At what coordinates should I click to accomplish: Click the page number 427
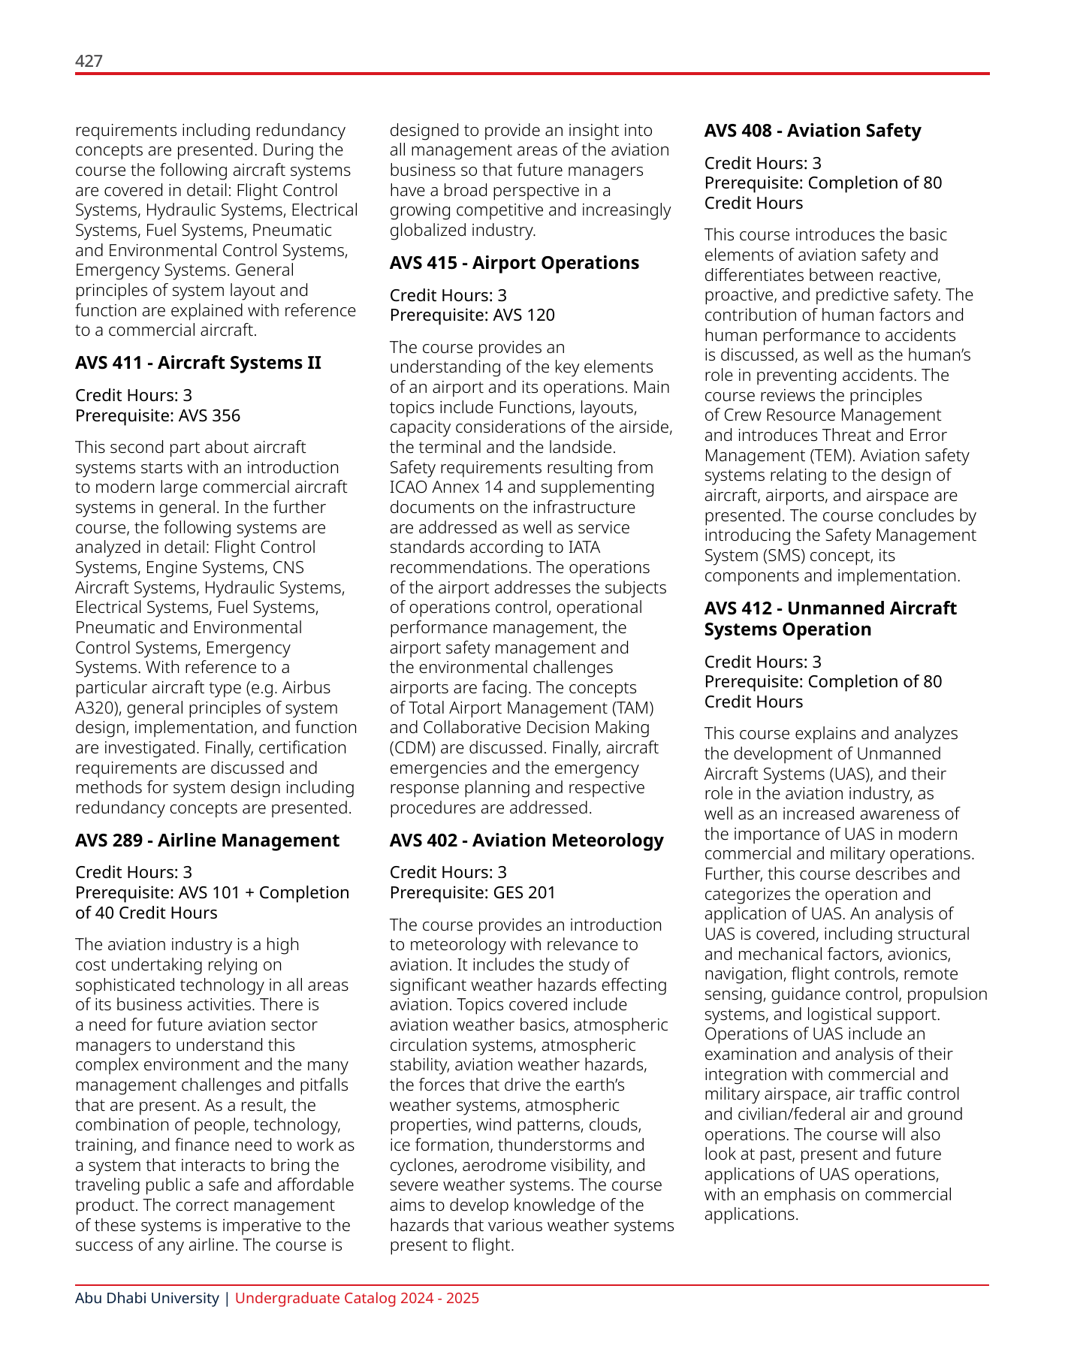tap(89, 61)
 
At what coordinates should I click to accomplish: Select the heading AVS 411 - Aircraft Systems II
tap(198, 363)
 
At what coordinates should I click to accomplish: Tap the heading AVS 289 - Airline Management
tap(207, 840)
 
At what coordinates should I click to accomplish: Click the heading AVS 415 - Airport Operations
tap(514, 263)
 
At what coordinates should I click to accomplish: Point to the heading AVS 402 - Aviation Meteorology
tap(526, 840)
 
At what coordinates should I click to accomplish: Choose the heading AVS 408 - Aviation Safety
tap(812, 131)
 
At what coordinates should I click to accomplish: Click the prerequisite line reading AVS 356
tap(158, 415)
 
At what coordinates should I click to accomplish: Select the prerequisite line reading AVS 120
tap(472, 315)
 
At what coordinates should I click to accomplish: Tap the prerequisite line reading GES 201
tap(472, 892)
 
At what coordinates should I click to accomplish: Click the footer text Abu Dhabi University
tap(146, 1299)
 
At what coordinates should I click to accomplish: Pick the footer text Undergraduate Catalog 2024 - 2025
tap(357, 1299)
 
